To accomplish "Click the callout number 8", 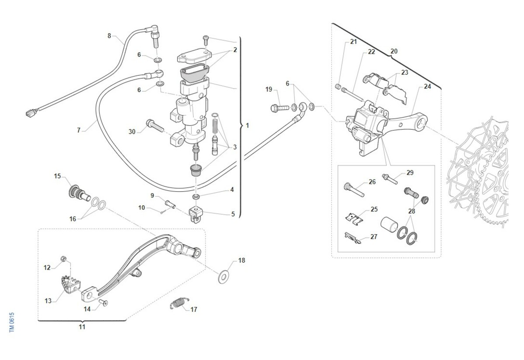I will [109, 36].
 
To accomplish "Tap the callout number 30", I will [132, 132].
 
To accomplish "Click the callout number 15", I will [58, 176].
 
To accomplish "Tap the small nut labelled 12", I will [63, 260].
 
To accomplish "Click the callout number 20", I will [394, 51].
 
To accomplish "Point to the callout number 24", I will [427, 87].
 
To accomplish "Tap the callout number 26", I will [372, 182].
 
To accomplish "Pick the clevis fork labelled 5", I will [196, 213].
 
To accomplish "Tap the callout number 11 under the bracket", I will [82, 326].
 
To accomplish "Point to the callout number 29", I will [410, 173].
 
